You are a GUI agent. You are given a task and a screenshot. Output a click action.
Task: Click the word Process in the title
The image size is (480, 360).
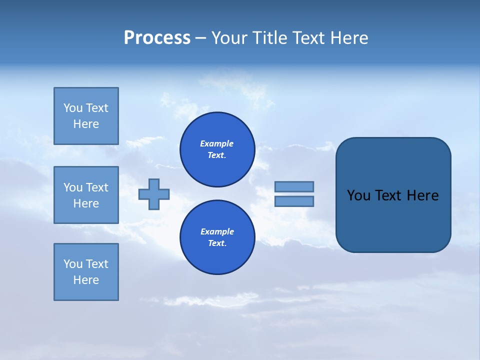click(x=157, y=38)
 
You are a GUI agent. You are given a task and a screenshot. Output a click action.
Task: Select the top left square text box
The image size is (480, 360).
click(x=86, y=116)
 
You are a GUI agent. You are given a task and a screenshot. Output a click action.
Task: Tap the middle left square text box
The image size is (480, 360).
click(x=86, y=195)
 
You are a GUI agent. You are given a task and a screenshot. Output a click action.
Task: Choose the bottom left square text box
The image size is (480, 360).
click(x=86, y=272)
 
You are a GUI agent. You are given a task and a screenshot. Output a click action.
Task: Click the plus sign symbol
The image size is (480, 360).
click(x=154, y=194)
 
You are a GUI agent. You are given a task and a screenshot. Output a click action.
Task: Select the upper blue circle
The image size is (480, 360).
click(x=217, y=149)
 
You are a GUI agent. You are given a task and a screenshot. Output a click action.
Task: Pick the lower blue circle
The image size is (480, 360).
click(x=217, y=237)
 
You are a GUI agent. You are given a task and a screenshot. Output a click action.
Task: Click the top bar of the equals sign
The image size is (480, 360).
click(x=294, y=186)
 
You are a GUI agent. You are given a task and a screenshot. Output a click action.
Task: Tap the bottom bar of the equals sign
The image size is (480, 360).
click(x=294, y=201)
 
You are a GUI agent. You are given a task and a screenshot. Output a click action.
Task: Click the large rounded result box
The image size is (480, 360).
click(x=393, y=195)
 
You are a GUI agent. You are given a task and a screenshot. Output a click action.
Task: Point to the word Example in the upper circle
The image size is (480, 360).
click(x=217, y=143)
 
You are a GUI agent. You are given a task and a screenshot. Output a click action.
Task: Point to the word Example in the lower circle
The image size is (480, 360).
click(x=217, y=231)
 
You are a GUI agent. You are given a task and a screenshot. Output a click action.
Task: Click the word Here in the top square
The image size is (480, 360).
click(x=86, y=124)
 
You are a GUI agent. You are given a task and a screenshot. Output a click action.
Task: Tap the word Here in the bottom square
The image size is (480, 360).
click(x=86, y=280)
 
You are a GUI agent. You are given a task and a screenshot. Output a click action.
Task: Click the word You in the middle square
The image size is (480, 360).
click(x=73, y=187)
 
